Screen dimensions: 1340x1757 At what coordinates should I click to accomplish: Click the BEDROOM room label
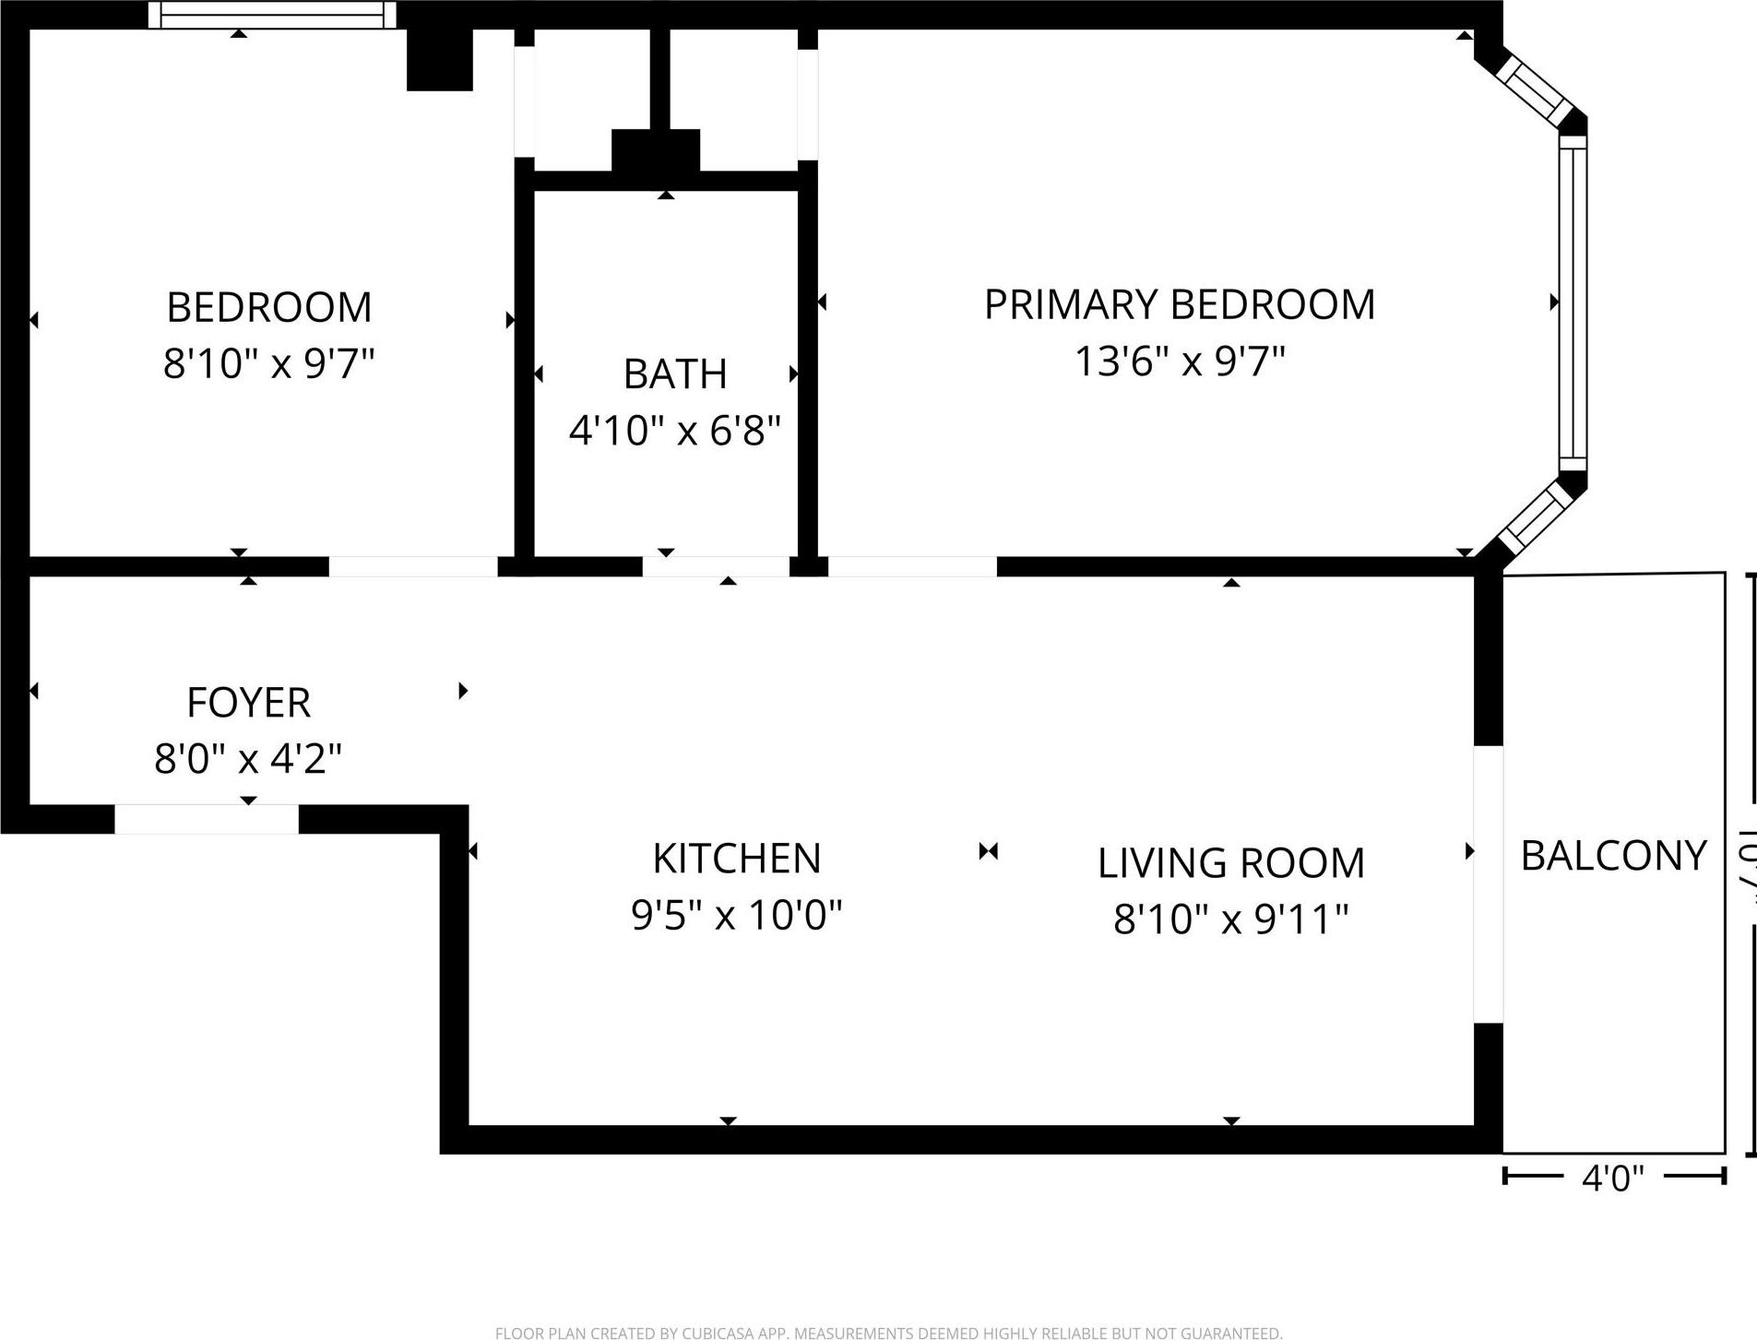click(x=268, y=307)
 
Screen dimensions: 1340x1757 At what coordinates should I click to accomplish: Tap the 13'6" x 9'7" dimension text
click(x=1180, y=361)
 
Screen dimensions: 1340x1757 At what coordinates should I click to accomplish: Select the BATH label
click(x=675, y=374)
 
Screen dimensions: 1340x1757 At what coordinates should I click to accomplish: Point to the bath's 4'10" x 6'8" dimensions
click(x=675, y=430)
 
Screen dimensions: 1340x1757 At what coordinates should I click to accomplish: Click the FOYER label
click(x=248, y=703)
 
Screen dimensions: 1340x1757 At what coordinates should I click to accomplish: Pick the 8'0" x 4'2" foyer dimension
click(x=248, y=759)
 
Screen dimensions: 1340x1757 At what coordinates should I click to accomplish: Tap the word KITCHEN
click(x=736, y=859)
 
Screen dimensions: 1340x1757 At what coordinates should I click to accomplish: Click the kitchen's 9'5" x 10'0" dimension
click(x=736, y=915)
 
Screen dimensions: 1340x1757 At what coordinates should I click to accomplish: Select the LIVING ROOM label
click(x=1230, y=863)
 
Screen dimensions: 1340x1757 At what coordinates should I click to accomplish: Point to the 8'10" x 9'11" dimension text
click(x=1230, y=919)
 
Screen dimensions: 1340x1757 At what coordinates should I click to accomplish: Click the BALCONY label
click(x=1613, y=856)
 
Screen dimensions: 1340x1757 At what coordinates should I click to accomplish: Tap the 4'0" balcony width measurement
click(x=1613, y=1178)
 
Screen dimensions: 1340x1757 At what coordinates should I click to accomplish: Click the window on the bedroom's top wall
click(x=272, y=15)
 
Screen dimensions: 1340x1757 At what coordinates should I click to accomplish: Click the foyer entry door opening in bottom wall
click(x=207, y=819)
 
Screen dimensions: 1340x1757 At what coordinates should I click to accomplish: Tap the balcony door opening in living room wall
click(x=1488, y=883)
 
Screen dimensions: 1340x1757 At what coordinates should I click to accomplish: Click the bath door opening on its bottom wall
click(x=716, y=566)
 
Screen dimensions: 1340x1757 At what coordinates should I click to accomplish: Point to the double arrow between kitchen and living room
click(x=989, y=851)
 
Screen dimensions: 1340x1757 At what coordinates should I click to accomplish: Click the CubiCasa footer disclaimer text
click(x=888, y=1333)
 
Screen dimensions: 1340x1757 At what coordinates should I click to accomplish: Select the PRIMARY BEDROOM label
click(x=1180, y=304)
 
